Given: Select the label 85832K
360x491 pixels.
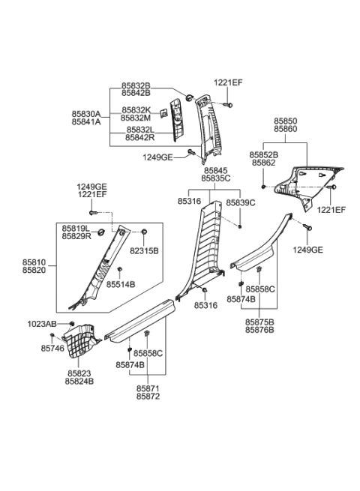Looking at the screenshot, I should pyautogui.click(x=136, y=109).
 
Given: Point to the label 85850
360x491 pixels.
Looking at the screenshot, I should pyautogui.click(x=285, y=120).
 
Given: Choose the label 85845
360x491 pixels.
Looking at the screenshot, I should pyautogui.click(x=214, y=170).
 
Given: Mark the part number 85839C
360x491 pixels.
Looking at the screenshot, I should pyautogui.click(x=240, y=202).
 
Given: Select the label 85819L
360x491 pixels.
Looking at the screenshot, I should pyautogui.click(x=76, y=227).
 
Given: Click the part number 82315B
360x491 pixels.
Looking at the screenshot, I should pyautogui.click(x=143, y=250).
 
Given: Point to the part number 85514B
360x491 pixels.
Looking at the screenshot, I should pyautogui.click(x=120, y=285).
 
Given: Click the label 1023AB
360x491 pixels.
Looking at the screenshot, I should pyautogui.click(x=42, y=324).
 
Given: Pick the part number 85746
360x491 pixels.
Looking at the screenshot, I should pyautogui.click(x=52, y=349).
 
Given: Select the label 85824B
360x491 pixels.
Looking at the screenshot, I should pyautogui.click(x=79, y=381).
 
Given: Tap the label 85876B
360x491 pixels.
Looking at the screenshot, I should pyautogui.click(x=259, y=328).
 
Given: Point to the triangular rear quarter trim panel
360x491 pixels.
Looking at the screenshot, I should pyautogui.click(x=300, y=184).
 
